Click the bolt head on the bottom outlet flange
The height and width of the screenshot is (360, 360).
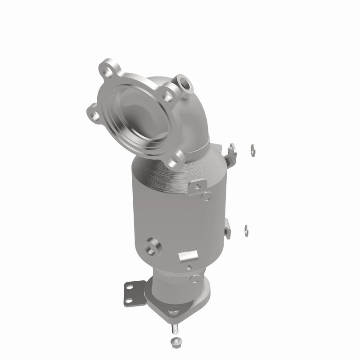point(173,310)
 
